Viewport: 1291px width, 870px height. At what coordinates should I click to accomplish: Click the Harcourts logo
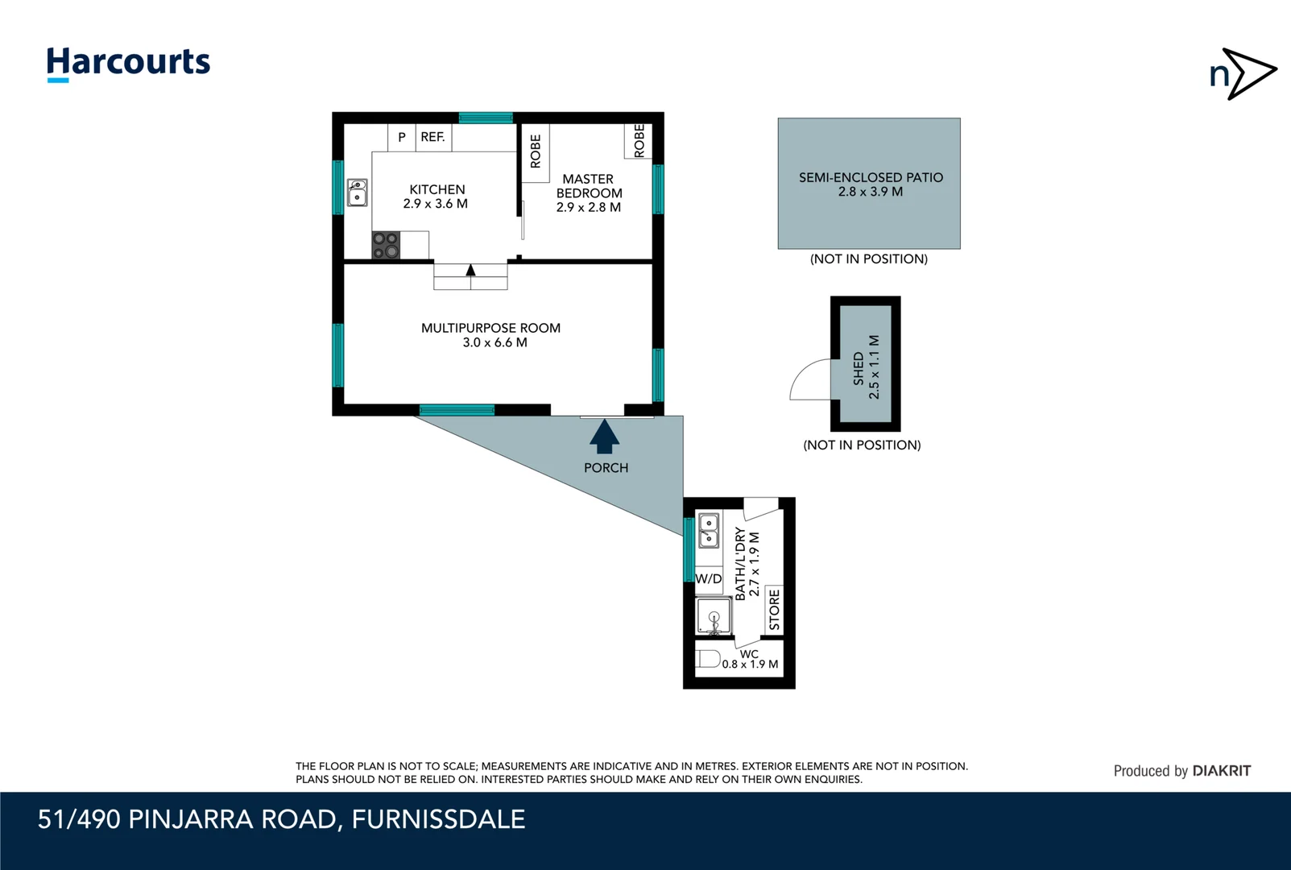click(129, 64)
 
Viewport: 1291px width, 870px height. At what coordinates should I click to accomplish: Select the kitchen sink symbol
click(358, 193)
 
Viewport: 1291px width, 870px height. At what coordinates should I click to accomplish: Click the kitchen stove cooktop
click(386, 245)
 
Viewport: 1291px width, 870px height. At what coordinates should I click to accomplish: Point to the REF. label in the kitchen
click(432, 137)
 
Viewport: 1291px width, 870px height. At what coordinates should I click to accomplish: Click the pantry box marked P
click(402, 138)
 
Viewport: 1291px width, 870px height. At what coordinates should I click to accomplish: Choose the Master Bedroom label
click(589, 193)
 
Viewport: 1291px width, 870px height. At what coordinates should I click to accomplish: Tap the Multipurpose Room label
click(491, 335)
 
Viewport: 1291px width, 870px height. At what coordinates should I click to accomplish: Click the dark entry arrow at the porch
click(604, 437)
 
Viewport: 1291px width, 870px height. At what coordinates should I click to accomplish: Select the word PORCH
click(606, 467)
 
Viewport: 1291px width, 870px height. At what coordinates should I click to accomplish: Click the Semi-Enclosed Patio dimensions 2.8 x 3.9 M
click(871, 192)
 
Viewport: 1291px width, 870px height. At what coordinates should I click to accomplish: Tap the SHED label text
click(859, 368)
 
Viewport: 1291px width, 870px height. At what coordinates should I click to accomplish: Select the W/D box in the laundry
click(709, 578)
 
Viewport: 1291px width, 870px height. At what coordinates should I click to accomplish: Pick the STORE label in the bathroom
click(775, 610)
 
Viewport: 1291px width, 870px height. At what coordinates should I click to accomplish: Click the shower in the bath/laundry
click(714, 616)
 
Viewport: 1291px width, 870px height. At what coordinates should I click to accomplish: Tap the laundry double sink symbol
click(709, 530)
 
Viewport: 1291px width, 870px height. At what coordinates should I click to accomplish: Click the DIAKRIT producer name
click(1221, 771)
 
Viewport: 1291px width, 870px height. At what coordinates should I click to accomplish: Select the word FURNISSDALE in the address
click(439, 819)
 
